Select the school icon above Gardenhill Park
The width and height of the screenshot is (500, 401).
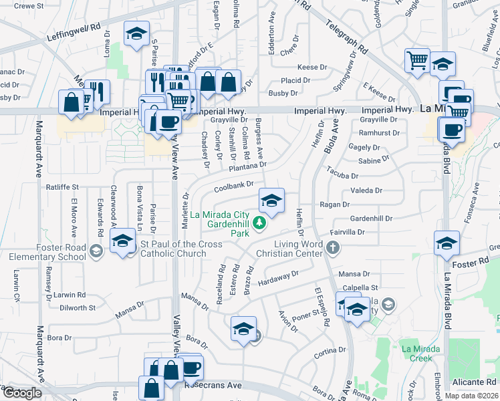[271, 200]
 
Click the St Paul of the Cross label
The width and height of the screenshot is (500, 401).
[181, 249]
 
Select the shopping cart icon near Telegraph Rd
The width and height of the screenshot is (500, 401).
[417, 60]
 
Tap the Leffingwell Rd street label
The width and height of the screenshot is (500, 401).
[74, 32]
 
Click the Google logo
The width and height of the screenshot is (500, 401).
[22, 393]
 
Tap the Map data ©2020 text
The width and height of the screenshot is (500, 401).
[471, 396]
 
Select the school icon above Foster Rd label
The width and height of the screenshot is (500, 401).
[446, 244]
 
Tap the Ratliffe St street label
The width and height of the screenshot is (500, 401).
[61, 187]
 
